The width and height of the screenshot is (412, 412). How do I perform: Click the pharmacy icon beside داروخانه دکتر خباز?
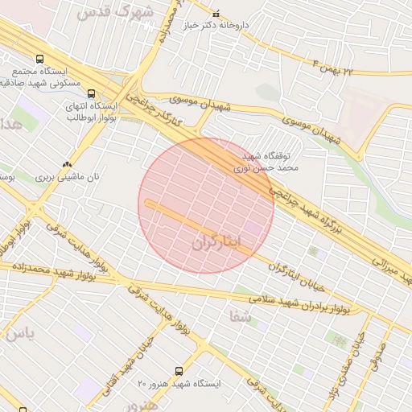216,14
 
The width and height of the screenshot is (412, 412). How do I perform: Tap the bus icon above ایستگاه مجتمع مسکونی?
40,59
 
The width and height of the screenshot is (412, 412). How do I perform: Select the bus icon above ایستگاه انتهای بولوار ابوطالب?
89,93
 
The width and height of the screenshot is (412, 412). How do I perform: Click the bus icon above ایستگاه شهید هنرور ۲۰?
179,371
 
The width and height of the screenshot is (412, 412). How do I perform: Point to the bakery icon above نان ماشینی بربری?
67,161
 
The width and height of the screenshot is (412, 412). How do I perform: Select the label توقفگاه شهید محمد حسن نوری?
270,162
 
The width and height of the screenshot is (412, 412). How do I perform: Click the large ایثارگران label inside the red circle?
222,242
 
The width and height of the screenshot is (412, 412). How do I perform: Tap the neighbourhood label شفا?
240,317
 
